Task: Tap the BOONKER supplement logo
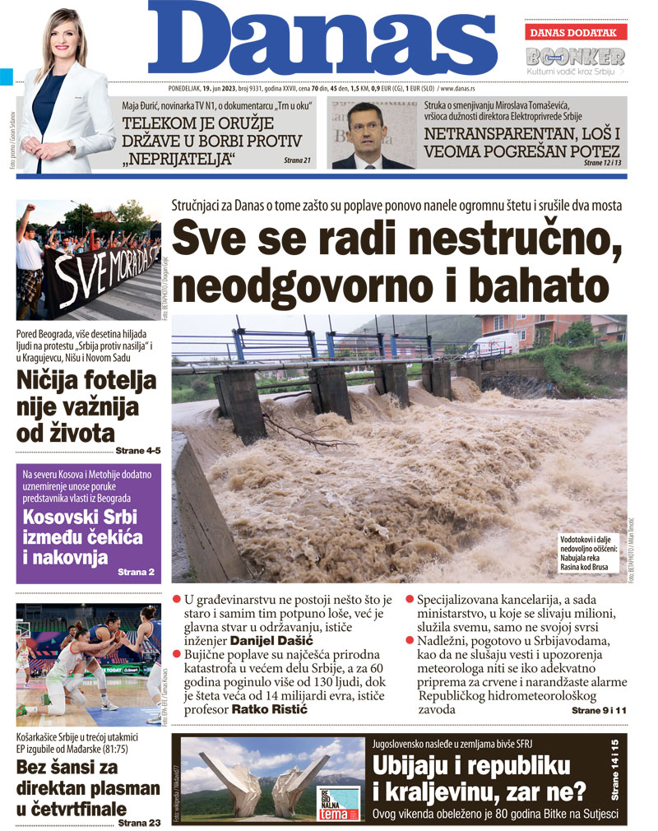point(576,57)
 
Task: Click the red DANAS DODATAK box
point(576,32)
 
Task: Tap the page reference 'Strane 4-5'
point(137,450)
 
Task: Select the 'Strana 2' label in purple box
point(136,571)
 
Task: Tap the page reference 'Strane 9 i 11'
point(599,709)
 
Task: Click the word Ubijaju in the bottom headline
point(419,765)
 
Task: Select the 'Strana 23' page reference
point(139,821)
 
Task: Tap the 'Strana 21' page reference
point(297,160)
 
